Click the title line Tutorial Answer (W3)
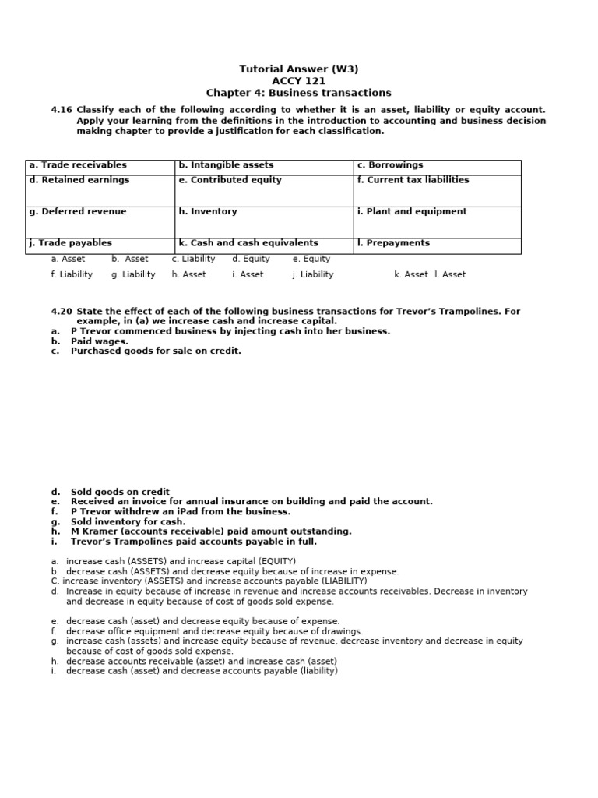pyautogui.click(x=298, y=69)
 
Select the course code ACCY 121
pyautogui.click(x=298, y=80)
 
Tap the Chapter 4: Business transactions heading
pyautogui.click(x=298, y=93)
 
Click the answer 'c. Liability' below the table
pyautogui.click(x=193, y=259)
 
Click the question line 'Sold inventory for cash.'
pyautogui.click(x=128, y=522)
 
